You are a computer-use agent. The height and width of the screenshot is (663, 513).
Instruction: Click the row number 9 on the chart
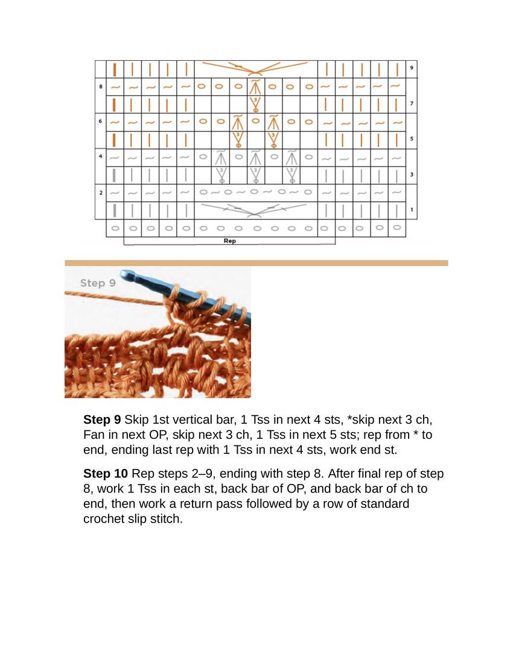412,68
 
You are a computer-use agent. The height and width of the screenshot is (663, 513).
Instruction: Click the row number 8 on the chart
101,87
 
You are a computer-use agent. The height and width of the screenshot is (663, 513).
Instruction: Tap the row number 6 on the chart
101,122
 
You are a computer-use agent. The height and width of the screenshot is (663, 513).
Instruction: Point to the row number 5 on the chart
412,139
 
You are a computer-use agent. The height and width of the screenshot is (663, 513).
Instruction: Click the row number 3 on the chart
412,175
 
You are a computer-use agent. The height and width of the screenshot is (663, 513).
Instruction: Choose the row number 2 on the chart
101,193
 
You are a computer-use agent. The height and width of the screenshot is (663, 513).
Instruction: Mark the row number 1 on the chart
412,210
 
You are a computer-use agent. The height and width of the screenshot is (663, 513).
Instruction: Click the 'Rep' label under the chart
229,241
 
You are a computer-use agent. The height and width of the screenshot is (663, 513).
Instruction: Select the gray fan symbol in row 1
255,210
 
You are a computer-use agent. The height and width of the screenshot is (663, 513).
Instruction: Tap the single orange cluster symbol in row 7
255,104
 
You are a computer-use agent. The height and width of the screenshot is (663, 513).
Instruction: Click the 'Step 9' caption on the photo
97,283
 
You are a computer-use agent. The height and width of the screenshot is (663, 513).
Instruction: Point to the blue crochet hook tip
127,275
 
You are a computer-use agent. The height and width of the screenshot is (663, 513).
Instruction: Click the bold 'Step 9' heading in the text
102,419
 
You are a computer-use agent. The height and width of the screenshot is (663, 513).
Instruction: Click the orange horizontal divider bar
256,263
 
